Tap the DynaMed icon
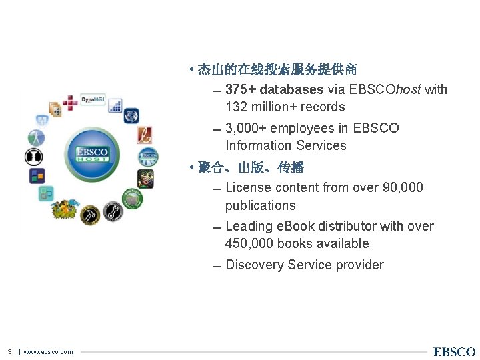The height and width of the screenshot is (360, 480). coord(93,100)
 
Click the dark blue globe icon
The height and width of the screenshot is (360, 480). coord(131,115)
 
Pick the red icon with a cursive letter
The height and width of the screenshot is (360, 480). coord(145,135)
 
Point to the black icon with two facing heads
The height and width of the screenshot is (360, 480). coord(33,157)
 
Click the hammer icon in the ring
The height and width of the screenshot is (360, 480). coord(90,215)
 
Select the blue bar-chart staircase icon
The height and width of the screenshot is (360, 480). coord(115,105)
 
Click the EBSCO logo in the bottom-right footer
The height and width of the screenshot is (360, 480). coord(454,352)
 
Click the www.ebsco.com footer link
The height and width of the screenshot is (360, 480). coord(48,352)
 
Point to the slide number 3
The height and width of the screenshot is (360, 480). coord(10,352)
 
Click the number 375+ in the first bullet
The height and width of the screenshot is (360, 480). coord(241,89)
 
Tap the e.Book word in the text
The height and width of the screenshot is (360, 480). coord(297,226)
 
